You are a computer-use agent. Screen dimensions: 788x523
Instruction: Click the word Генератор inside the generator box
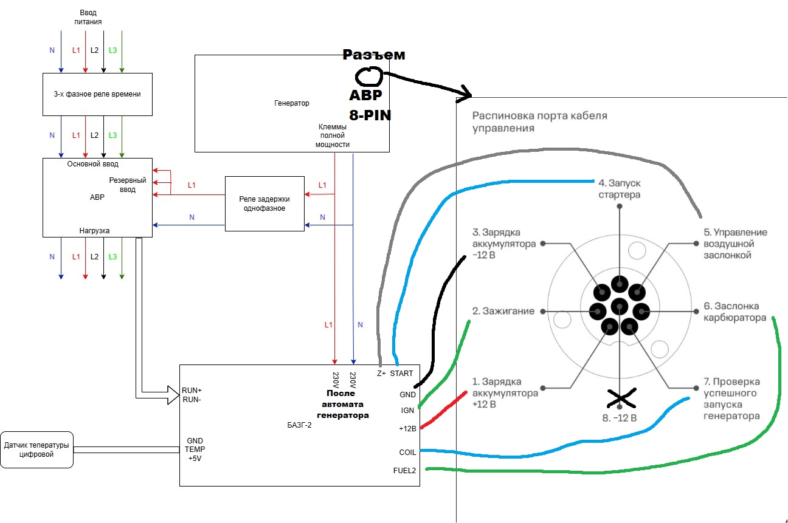[292, 103]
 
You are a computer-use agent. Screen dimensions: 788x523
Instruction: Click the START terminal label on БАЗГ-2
[401, 374]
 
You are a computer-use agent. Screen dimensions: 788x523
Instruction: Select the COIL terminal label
[407, 453]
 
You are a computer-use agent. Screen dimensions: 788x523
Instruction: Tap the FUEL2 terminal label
[404, 471]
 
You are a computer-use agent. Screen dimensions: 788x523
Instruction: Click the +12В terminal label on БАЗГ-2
[407, 428]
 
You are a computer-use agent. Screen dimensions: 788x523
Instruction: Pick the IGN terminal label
[407, 411]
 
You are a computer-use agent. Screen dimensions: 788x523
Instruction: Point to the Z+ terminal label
[381, 374]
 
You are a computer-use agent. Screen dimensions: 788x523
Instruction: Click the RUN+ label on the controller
[192, 391]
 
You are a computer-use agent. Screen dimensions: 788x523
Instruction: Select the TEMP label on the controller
[195, 449]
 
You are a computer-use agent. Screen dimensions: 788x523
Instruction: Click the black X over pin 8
[621, 398]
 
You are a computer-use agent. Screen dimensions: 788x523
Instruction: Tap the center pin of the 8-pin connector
[620, 307]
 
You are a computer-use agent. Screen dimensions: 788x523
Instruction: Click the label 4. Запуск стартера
[620, 189]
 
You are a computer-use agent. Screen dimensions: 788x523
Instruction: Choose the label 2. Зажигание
[503, 311]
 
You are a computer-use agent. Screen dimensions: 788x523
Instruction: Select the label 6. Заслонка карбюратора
[735, 312]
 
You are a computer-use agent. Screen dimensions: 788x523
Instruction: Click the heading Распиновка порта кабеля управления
[540, 121]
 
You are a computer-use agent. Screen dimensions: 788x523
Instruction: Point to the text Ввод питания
[88, 17]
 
